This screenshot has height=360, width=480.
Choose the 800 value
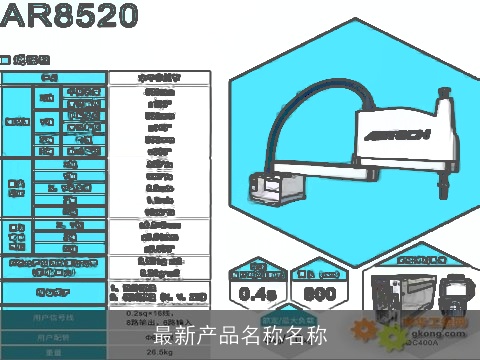tap(320, 293)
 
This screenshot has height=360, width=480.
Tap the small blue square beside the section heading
tap(5, 59)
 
